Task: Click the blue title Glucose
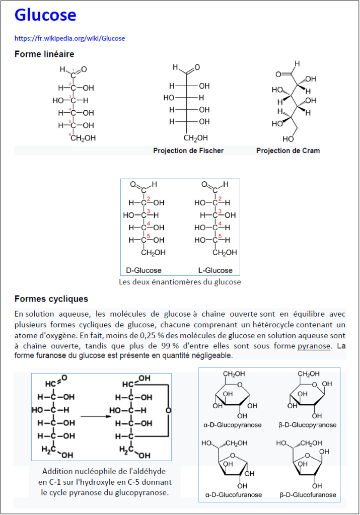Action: pos(45,15)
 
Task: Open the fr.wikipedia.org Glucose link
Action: pos(69,38)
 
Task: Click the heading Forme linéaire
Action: pos(44,54)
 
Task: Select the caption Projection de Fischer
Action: pos(188,151)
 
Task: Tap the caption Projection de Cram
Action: pos(287,151)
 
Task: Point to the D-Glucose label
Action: pos(143,270)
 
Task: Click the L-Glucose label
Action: pos(215,270)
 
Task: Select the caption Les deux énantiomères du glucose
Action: pos(180,282)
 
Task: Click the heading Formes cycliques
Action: pos(51,300)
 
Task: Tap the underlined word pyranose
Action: pos(314,346)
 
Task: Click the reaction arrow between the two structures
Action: pos(96,416)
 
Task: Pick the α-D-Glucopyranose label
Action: pos(233,425)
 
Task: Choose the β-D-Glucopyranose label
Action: pos(307,425)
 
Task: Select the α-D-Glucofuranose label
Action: pos(233,494)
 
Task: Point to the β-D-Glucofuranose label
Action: pos(308,494)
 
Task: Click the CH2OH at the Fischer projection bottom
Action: pos(196,138)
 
